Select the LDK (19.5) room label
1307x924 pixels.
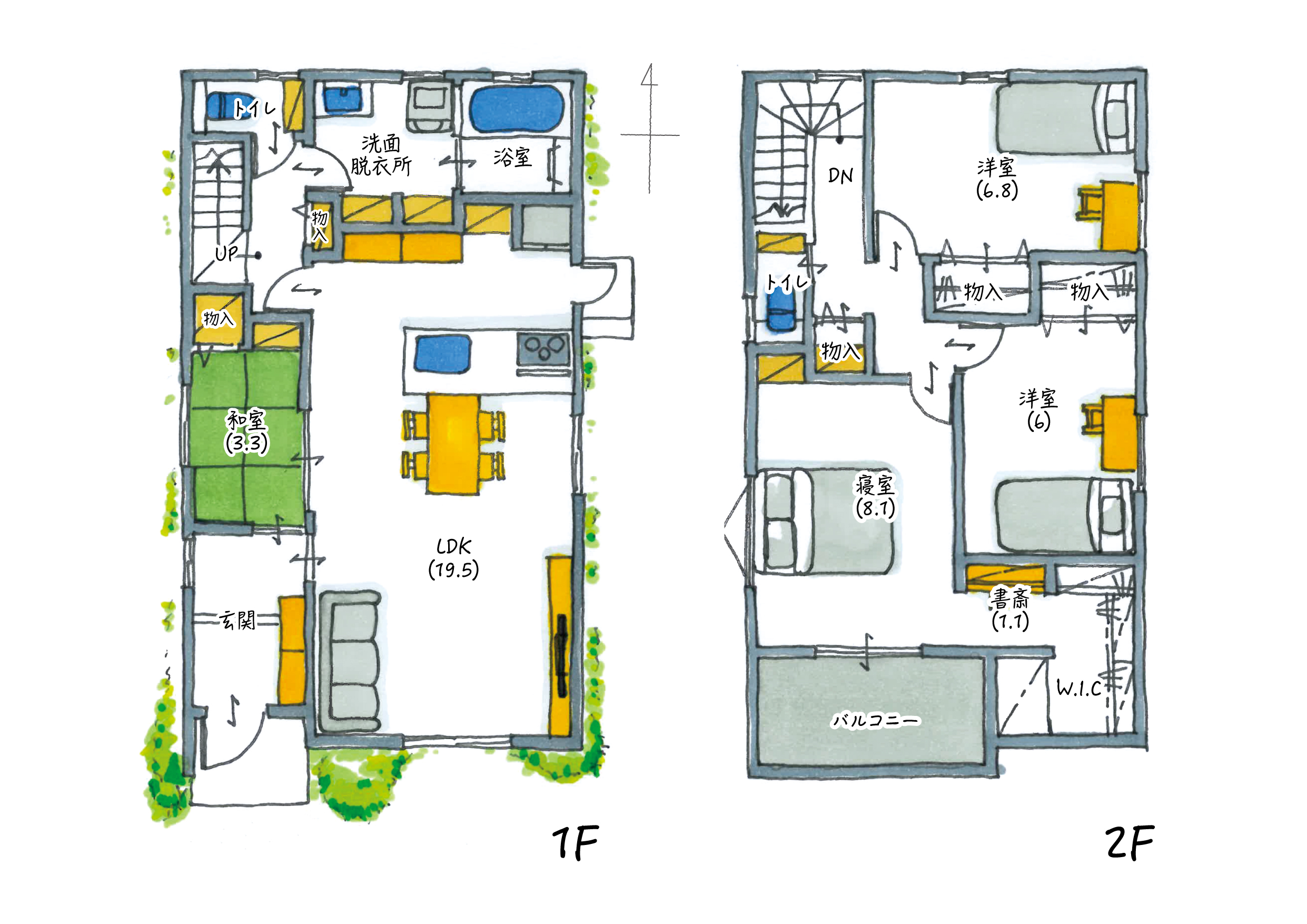pos(454,558)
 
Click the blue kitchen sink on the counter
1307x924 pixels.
pos(443,354)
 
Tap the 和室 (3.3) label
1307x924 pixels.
pos(246,431)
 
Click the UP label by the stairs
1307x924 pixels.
pos(226,253)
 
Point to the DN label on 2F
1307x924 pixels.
pos(840,176)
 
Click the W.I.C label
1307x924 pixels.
pos(1080,689)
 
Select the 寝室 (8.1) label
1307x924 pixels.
pos(876,496)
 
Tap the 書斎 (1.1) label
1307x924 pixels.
pos(1011,610)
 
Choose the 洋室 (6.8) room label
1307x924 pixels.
pos(997,179)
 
